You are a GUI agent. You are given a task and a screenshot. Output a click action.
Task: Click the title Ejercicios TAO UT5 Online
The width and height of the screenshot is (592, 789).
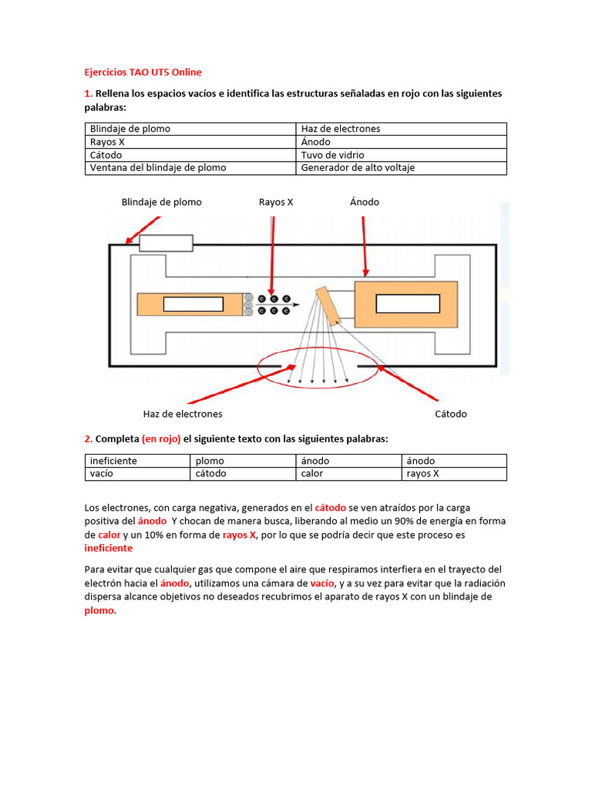click(x=143, y=72)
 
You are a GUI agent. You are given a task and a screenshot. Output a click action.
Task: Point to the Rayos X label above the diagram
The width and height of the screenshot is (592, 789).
click(x=276, y=202)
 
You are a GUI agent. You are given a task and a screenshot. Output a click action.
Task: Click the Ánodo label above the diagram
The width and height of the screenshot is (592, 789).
click(x=364, y=202)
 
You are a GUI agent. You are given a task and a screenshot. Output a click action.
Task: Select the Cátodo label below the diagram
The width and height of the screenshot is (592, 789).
click(x=451, y=414)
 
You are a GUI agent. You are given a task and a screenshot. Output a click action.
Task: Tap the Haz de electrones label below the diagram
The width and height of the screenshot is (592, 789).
click(x=183, y=414)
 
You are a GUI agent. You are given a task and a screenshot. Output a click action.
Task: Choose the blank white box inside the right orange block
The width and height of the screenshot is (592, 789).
click(x=397, y=304)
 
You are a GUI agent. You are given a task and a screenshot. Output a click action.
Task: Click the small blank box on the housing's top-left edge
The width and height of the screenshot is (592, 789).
click(x=165, y=243)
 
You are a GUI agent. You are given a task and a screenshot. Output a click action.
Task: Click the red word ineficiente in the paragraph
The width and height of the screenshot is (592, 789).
click(x=108, y=548)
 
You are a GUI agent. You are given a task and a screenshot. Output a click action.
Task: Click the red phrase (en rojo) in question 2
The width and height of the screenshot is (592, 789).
click(x=161, y=438)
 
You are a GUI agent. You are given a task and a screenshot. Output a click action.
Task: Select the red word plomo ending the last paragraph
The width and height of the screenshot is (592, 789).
click(x=99, y=610)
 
